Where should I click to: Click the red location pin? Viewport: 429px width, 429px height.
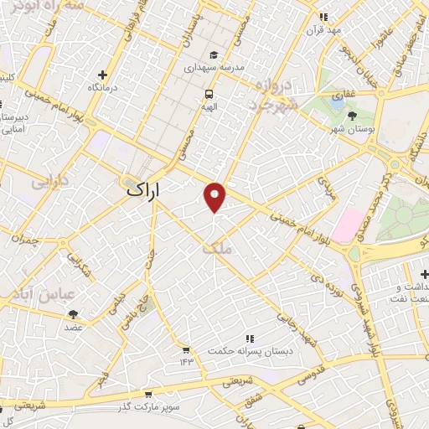[215, 196]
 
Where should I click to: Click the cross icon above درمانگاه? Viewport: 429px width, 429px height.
[102, 75]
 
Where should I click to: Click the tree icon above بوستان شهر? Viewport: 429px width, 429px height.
[351, 115]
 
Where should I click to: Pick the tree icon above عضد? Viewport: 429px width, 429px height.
[74, 314]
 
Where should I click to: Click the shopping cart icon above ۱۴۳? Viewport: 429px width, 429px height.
[186, 349]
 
